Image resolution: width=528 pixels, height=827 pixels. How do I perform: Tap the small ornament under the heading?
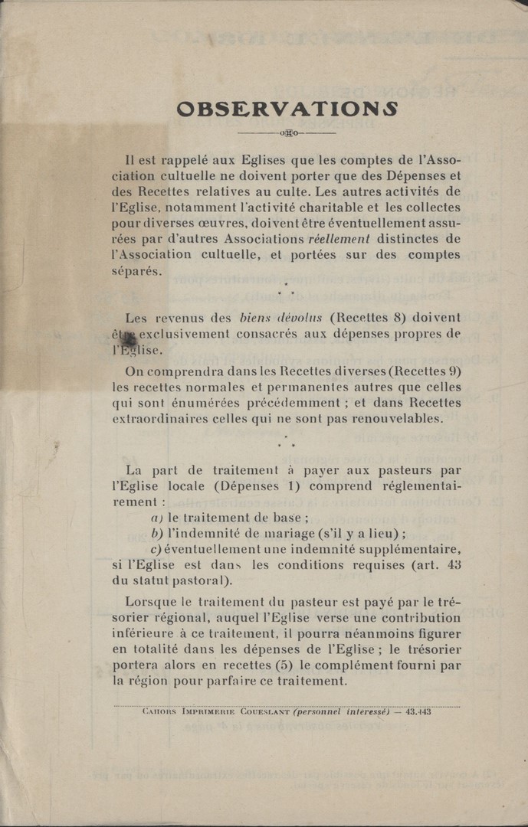pos(288,133)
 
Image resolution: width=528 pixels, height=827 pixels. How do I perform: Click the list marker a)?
pos(156,518)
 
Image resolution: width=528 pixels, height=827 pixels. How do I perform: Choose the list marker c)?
pos(156,550)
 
